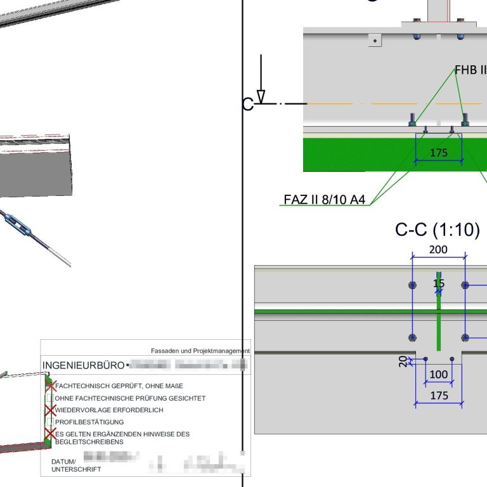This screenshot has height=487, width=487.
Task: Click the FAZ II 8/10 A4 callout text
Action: click(x=324, y=200)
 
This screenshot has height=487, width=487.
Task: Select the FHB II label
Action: click(x=470, y=69)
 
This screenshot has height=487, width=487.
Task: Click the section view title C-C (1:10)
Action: click(x=437, y=230)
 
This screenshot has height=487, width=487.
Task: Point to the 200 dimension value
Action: click(x=438, y=249)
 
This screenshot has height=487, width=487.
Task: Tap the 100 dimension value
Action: click(x=439, y=374)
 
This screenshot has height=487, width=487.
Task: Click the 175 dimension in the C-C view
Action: click(x=439, y=396)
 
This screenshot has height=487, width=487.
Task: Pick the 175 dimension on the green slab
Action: click(x=439, y=152)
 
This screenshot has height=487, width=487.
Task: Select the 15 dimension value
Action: click(x=439, y=283)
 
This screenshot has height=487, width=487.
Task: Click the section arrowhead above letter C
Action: click(x=261, y=96)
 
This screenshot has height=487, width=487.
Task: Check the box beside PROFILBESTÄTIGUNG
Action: click(x=49, y=422)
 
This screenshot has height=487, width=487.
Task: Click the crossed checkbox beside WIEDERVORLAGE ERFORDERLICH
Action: click(x=49, y=410)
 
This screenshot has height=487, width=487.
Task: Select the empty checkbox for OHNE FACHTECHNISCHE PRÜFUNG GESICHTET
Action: click(x=49, y=398)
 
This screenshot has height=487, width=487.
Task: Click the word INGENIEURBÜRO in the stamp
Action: click(x=82, y=366)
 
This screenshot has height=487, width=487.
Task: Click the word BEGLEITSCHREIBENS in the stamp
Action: click(x=89, y=441)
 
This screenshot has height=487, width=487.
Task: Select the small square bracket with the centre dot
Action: click(x=376, y=40)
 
